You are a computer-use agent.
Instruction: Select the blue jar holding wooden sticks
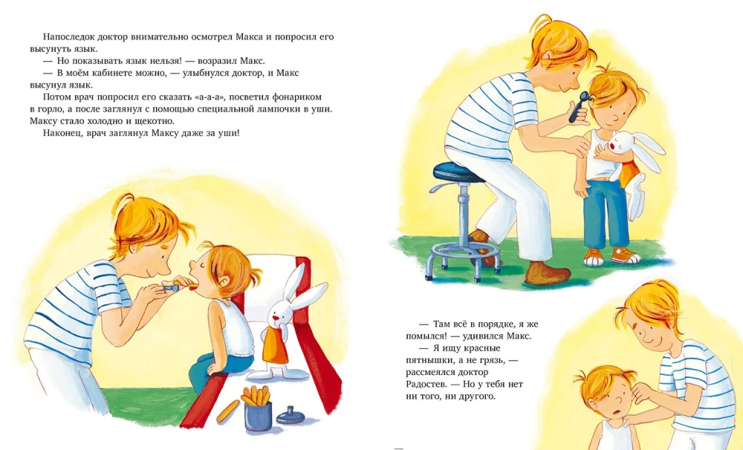pos(258,416)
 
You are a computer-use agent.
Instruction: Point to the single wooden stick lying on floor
pos(228,411)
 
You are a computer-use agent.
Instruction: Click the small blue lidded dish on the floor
pos(291,416)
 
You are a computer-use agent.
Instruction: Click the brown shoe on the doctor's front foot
pos(548,274)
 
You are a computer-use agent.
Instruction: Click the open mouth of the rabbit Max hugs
pos(615,146)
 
